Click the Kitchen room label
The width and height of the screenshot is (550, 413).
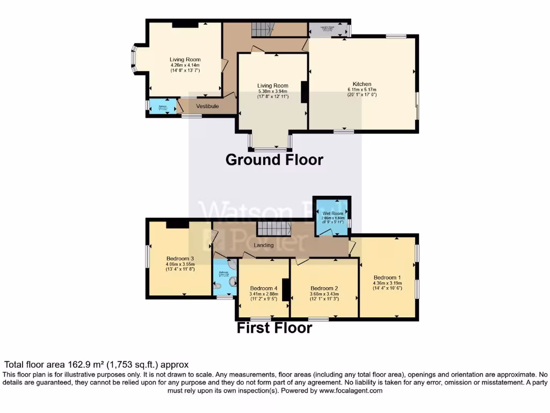[x=361, y=84]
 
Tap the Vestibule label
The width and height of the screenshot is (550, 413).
[x=207, y=106]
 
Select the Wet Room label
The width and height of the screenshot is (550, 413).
[x=333, y=213]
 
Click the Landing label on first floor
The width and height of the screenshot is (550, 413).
[x=264, y=245]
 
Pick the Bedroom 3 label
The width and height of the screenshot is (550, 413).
[x=180, y=259]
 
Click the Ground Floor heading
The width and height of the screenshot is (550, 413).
[x=274, y=160]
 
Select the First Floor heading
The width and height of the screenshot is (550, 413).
[x=274, y=328]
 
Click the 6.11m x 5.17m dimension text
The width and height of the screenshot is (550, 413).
[x=361, y=90]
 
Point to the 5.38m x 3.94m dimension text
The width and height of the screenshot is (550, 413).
[x=272, y=91]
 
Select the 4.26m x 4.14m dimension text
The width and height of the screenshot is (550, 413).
[x=185, y=65]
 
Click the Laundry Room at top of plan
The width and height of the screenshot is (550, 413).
[x=328, y=29]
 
